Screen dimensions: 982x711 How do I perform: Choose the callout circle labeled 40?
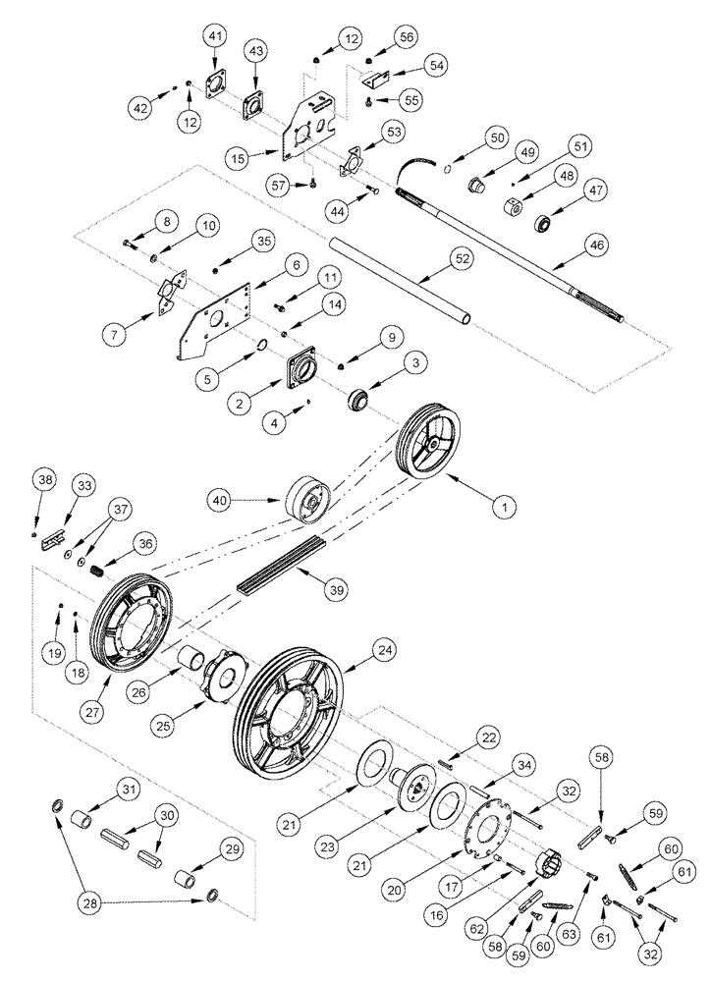tap(222, 500)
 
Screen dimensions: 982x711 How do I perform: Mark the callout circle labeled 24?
tap(385, 648)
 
